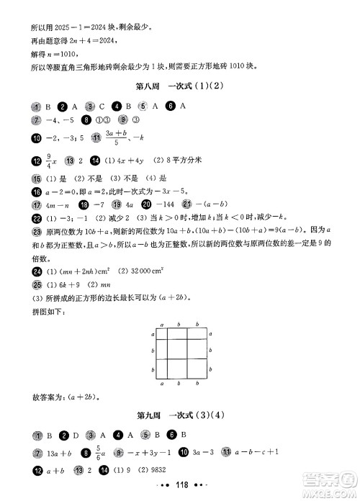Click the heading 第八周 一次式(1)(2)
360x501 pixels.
[181, 87]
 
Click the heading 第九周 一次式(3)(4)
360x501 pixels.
[181, 415]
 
